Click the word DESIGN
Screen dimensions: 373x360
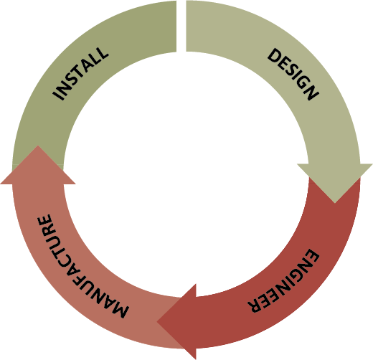[293, 74]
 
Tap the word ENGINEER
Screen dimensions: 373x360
[284, 281]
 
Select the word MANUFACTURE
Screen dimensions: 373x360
[78, 265]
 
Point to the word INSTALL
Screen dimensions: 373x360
[80, 73]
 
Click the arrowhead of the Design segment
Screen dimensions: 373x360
[335, 181]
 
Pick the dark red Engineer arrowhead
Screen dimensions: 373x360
[178, 321]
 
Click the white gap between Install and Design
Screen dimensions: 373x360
[181, 26]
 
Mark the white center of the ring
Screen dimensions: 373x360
[186, 174]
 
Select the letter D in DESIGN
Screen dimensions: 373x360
[275, 56]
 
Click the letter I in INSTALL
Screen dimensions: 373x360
[59, 95]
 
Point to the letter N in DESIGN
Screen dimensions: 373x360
[311, 93]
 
